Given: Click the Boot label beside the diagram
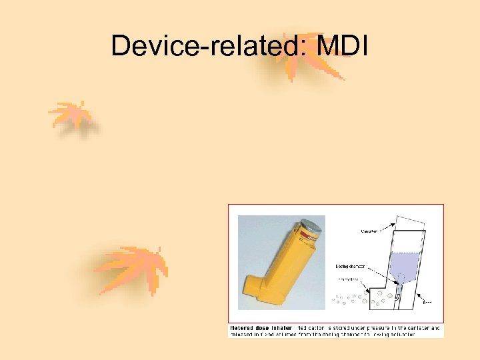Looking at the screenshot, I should [x=427, y=302].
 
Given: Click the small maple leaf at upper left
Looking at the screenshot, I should [x=72, y=115].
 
